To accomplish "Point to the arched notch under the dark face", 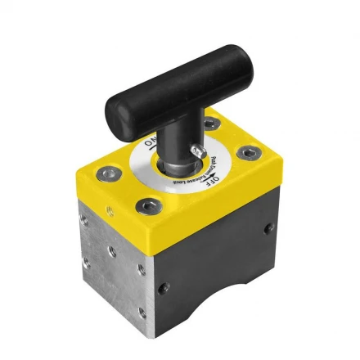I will coord(214,289).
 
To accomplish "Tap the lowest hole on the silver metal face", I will coord(142,313).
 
